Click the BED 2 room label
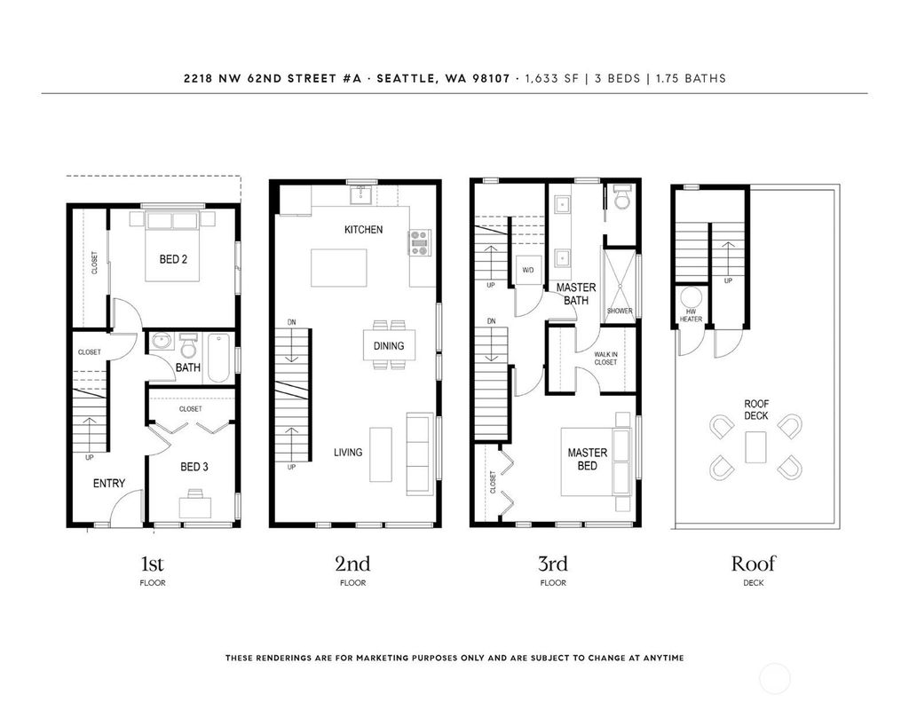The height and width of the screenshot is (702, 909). pos(173,259)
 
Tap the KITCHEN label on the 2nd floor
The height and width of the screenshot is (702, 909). pos(363,230)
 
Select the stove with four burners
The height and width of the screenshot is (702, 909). pos(419,243)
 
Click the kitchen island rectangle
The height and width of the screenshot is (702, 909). pos(338,268)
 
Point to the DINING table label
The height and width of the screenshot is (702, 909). pos(389,346)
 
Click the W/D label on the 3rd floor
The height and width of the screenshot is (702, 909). pos(527,271)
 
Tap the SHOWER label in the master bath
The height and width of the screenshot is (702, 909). pos(620,311)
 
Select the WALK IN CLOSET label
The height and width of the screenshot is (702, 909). pos(605,359)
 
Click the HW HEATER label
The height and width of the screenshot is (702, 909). pos(691,315)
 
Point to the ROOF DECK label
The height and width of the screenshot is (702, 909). pos(756,409)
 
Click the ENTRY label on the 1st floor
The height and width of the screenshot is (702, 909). pos(109,484)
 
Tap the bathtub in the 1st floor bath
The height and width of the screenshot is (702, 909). pos(218,358)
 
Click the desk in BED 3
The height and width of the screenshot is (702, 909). pos(194,507)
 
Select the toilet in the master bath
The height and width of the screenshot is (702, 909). pos(621,198)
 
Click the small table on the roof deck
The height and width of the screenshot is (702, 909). pos(755,447)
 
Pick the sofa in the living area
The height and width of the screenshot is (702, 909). pos(420,454)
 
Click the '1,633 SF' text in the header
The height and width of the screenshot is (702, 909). pos(552,78)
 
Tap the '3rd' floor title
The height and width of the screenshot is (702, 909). pos(552,564)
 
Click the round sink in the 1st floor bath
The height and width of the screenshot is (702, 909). pos(162,341)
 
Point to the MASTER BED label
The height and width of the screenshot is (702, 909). pos(588,459)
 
